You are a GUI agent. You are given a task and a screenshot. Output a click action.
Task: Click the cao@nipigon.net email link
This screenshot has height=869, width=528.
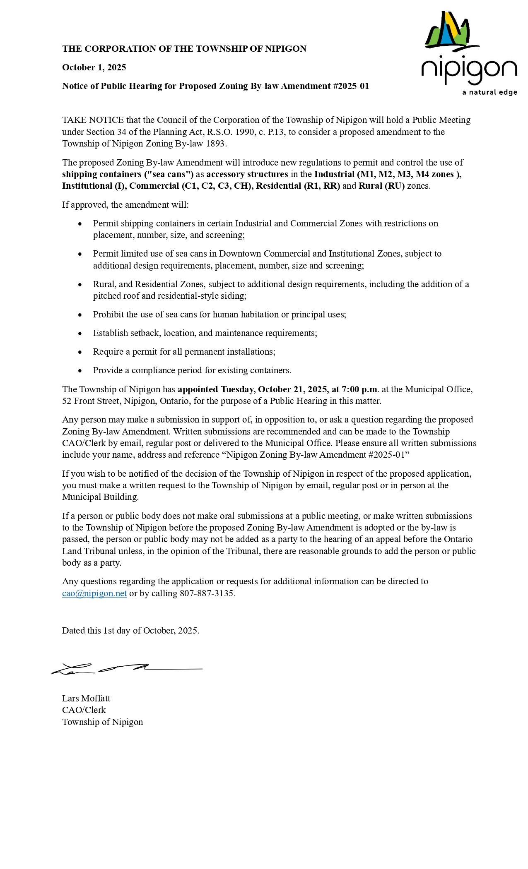tap(94, 593)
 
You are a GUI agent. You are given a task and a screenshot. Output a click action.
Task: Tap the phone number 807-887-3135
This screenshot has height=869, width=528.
tap(207, 593)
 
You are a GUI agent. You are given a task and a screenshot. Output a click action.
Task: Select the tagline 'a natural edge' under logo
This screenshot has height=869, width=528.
tap(489, 92)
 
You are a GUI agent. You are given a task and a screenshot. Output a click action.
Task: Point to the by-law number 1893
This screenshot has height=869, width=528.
tap(216, 144)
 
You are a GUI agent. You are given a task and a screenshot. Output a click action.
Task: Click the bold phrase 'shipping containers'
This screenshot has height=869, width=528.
tap(101, 174)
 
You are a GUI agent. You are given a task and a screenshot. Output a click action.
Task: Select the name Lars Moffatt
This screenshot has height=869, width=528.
tap(86, 699)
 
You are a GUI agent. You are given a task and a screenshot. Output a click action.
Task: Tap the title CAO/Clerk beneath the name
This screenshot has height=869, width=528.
tap(84, 710)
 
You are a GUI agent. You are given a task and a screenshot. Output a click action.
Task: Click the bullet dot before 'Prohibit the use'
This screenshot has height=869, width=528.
tap(80, 315)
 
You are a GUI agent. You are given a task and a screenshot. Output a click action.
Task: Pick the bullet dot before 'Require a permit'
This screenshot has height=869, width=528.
tap(80, 352)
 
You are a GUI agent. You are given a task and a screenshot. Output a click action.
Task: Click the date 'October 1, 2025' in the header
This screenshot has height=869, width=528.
tap(94, 67)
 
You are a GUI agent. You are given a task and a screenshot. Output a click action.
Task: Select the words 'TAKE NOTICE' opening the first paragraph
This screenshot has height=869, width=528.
tap(93, 120)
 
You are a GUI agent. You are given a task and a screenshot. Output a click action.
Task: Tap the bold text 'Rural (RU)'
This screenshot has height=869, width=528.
tap(381, 186)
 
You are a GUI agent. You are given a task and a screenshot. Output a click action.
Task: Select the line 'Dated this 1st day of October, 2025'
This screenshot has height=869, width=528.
tap(130, 631)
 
